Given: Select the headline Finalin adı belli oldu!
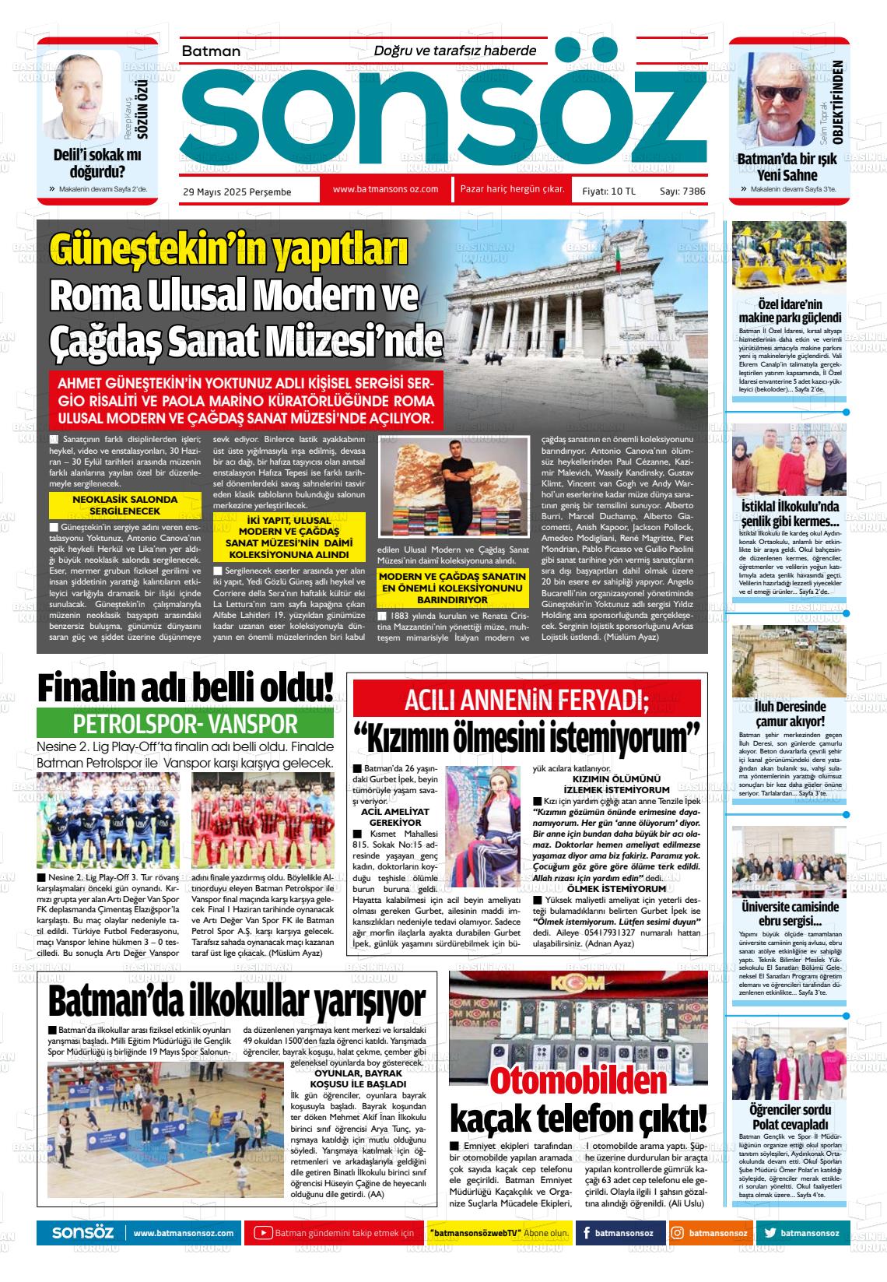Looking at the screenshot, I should point(186,689).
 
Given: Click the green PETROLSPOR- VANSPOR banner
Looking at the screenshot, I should point(185,724).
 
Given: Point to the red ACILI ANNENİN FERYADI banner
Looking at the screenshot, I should point(527,701).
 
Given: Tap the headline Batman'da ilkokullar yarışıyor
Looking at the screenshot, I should point(237,1000).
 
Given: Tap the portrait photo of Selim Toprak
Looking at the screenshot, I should point(781,97).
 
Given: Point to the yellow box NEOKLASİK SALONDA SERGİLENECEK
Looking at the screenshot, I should point(124,505).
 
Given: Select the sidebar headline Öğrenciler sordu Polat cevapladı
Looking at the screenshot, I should point(789,1117).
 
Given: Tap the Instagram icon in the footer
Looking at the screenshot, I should point(678,1233).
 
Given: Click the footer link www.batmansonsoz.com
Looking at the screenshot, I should point(184,1233).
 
